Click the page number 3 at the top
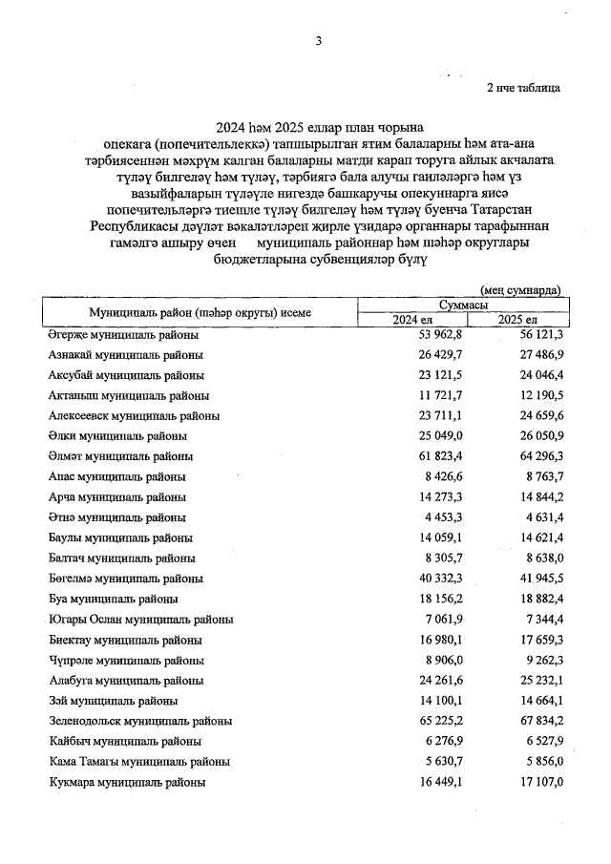tap(318, 40)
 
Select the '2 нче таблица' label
tap(523, 88)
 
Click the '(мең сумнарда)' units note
tap(519, 289)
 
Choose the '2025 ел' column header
tap(517, 319)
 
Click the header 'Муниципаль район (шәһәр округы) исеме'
tap(200, 312)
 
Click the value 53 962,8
tap(414, 335)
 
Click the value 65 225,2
tap(414, 721)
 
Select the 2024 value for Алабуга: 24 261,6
tap(414, 681)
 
